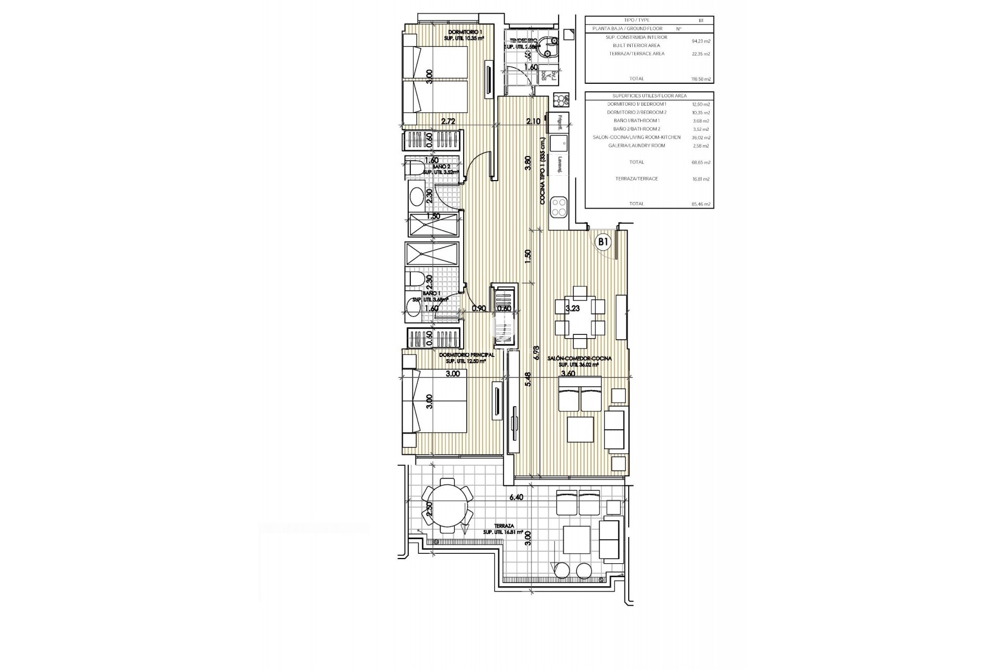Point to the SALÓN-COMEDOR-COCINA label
pyautogui.click(x=579, y=359)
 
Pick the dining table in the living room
pyautogui.click(x=579, y=317)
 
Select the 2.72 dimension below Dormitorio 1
pyautogui.click(x=448, y=121)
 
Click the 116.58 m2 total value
pyautogui.click(x=700, y=79)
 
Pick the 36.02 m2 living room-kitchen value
pyautogui.click(x=700, y=138)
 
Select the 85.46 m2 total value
pyautogui.click(x=700, y=204)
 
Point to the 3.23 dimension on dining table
pyautogui.click(x=573, y=309)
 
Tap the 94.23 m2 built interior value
pyautogui.click(x=700, y=41)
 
